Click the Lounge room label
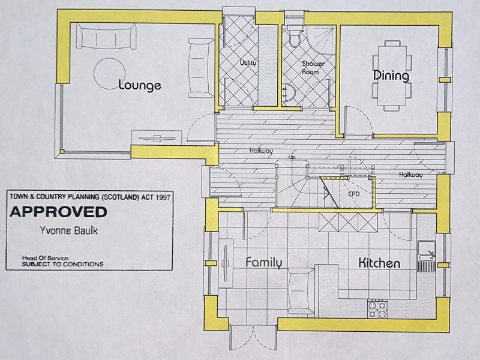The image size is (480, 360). pos(140,85)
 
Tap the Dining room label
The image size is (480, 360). pos(391,76)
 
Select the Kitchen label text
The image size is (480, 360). pos(379,263)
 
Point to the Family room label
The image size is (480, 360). pos(264,263)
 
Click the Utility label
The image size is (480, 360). pos(248,63)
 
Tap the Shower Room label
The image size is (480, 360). pos(313,68)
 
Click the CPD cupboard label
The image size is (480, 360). pos(353,194)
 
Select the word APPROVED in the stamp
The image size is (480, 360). pos(58,212)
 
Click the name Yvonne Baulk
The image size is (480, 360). pos(69,230)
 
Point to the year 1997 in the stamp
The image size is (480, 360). pos(163,197)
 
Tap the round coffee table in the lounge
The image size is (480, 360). pos(110,74)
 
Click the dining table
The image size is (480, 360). pos(392,76)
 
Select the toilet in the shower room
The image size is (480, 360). pos(295,37)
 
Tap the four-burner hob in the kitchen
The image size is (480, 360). pos(377,310)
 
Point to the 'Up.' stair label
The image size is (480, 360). pos(292,157)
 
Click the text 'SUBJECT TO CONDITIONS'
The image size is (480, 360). pos(62,264)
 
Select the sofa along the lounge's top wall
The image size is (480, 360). pos(106,36)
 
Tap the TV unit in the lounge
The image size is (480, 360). pos(157,137)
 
